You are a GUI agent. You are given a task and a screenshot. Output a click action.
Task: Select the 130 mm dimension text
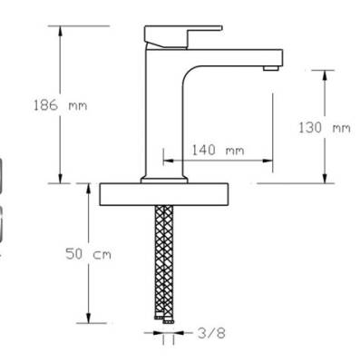point(324,127)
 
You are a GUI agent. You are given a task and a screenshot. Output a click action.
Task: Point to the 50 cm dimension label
point(88,255)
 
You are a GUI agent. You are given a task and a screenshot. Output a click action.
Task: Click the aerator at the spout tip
point(268,67)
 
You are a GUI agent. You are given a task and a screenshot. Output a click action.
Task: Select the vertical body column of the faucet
point(165,109)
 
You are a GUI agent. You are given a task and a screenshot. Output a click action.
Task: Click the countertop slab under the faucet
point(163,191)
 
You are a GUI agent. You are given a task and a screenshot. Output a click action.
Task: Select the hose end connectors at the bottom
point(165,319)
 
